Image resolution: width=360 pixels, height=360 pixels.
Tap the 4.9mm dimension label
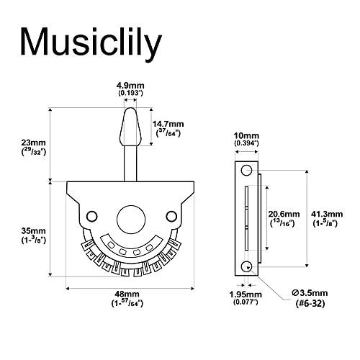pyautogui.click(x=130, y=86)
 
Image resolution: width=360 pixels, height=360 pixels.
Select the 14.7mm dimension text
pyautogui.click(x=168, y=124)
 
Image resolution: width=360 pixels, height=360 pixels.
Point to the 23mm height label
pyautogui.click(x=33, y=143)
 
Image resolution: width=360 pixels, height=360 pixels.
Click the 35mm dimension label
pyautogui.click(x=33, y=231)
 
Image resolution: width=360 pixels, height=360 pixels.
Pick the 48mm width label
pyautogui.click(x=127, y=294)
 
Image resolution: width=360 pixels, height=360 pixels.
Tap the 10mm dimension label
pyautogui.click(x=246, y=136)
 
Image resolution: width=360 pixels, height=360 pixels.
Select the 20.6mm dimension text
pyautogui.click(x=284, y=214)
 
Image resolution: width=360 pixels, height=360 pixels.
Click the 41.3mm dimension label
pyautogui.click(x=327, y=214)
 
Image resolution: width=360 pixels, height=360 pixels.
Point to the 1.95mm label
pyautogui.click(x=246, y=294)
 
